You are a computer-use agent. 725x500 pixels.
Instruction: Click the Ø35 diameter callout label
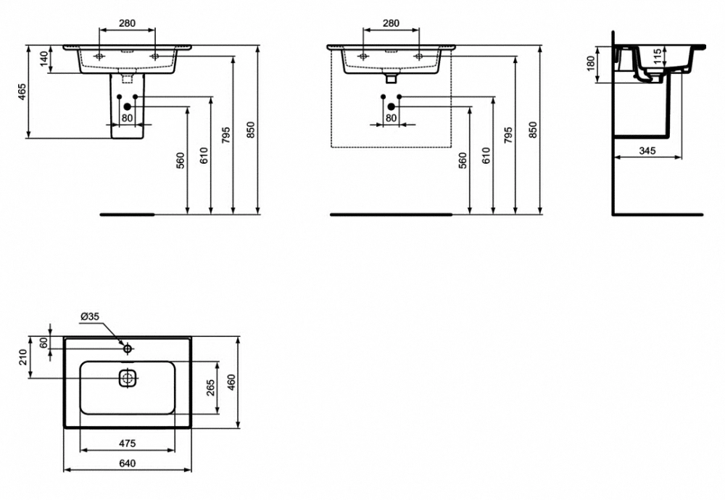[x=90, y=317]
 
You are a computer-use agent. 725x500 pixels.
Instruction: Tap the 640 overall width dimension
[x=127, y=463]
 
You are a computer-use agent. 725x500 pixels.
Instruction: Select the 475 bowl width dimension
[x=127, y=443]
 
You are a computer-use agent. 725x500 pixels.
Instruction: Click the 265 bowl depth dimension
[x=210, y=388]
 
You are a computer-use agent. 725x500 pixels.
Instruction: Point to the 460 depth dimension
[x=231, y=383]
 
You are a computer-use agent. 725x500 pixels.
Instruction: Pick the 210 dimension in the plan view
[x=23, y=357]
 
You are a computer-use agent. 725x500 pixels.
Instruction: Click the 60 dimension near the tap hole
[x=44, y=343]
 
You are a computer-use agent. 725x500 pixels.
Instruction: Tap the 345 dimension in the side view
[x=647, y=151]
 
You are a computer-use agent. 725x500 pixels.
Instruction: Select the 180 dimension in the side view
[x=590, y=64]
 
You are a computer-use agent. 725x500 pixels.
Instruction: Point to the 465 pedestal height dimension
[x=22, y=91]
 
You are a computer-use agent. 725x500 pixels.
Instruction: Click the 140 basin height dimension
[x=44, y=59]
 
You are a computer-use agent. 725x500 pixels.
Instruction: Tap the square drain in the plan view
[x=127, y=378]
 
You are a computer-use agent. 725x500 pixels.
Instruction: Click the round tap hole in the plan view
[x=127, y=349]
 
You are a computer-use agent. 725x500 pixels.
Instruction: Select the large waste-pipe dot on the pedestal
[x=127, y=107]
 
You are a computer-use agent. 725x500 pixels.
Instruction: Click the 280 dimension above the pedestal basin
[x=127, y=22]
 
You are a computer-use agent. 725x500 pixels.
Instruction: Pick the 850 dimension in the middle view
[x=533, y=130]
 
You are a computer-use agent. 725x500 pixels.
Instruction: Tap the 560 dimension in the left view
[x=181, y=160]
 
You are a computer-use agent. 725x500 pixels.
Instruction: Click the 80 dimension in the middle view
[x=391, y=118]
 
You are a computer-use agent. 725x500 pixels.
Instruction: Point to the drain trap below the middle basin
[x=391, y=77]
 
